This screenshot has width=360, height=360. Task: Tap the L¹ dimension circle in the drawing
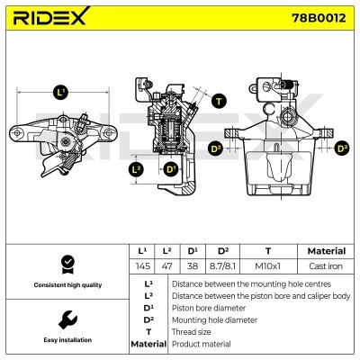click(60, 92)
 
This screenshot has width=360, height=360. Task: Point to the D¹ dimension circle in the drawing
click(169, 168)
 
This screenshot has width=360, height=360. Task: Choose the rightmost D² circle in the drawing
click(341, 148)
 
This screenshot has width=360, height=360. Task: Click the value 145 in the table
click(142, 266)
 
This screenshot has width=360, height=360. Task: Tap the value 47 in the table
click(166, 266)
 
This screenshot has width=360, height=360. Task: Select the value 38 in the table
click(192, 266)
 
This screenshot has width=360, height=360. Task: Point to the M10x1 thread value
click(267, 266)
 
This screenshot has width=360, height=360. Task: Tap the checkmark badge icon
click(67, 264)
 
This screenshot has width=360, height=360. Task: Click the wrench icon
click(67, 319)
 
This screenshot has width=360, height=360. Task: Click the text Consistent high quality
click(67, 285)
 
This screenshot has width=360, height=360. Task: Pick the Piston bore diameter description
click(208, 307)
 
